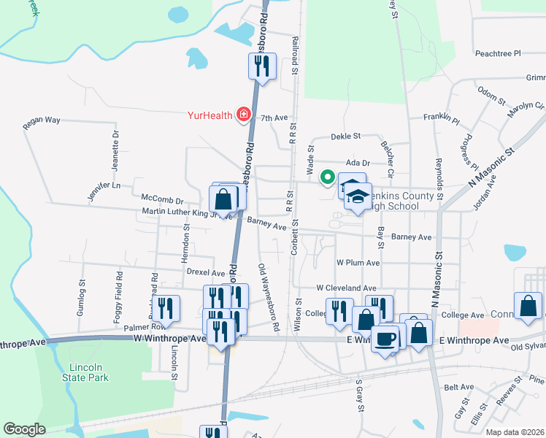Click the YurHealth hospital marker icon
coord(242,115)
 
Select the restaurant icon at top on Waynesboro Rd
coord(262,66)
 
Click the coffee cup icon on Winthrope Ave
coord(385,338)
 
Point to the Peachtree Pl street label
coord(496,53)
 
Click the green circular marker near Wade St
coord(328,176)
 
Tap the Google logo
coord(24,429)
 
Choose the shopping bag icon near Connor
coord(528,307)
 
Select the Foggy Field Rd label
coord(120,293)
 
